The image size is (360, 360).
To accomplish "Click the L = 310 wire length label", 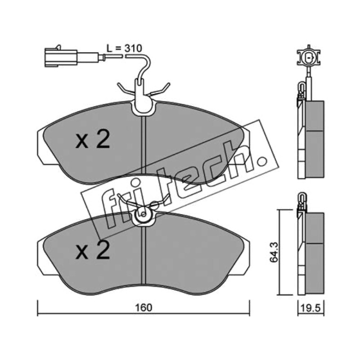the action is click(124, 48).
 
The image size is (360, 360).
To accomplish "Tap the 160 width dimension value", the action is click(144, 308).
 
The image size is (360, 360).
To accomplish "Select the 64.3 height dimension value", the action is click(274, 252).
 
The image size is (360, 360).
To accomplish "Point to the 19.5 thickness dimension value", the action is click(310, 308).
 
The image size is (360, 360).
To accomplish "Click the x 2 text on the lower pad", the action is click(93, 250).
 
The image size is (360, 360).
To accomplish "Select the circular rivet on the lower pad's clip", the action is click(143, 215).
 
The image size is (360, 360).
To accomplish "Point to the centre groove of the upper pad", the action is click(144, 147).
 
